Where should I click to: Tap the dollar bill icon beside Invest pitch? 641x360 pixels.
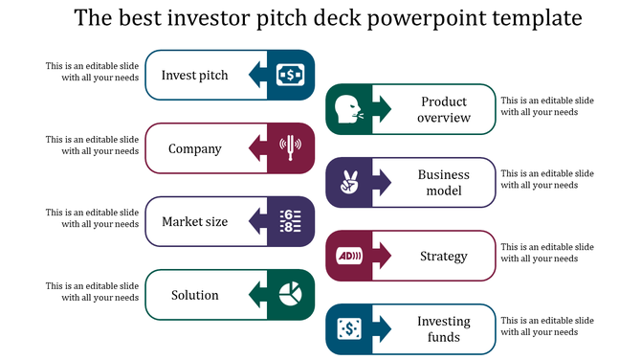click(x=291, y=75)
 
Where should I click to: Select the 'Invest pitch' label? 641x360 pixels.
click(x=195, y=75)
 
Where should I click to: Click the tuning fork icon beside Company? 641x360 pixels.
click(x=291, y=147)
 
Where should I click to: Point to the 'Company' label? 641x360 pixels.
click(x=195, y=148)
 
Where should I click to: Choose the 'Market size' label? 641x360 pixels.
click(x=195, y=222)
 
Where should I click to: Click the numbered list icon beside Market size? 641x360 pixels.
click(x=291, y=221)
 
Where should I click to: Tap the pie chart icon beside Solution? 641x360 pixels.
click(x=291, y=294)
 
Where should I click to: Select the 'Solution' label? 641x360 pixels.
click(x=195, y=295)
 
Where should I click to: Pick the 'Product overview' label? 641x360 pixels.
click(x=445, y=109)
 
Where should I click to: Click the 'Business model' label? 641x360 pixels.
click(x=445, y=182)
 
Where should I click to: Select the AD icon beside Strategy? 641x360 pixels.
click(x=349, y=256)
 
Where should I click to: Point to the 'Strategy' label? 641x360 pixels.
click(x=444, y=256)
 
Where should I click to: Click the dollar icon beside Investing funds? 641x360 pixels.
click(x=349, y=328)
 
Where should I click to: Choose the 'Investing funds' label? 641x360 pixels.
click(x=444, y=328)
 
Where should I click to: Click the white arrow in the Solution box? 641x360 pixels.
click(x=259, y=294)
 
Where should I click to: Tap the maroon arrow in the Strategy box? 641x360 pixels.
click(x=382, y=256)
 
